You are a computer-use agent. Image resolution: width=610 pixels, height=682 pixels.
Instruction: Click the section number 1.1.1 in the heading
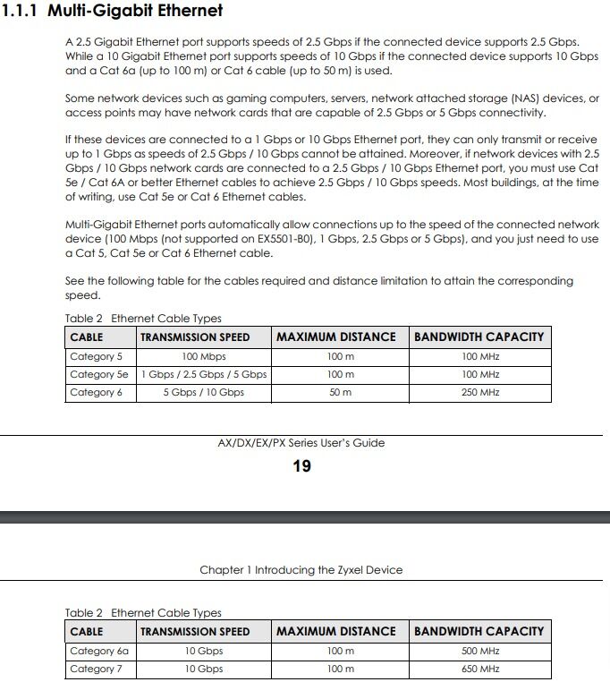[x=21, y=12]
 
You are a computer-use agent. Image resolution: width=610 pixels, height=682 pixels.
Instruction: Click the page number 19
[x=302, y=465]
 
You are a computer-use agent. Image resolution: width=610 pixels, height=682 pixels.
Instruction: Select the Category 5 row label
[x=96, y=356]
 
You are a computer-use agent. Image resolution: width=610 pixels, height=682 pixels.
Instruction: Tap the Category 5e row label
[x=98, y=374]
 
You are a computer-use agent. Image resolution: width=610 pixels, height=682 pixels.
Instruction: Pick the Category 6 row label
[x=96, y=392]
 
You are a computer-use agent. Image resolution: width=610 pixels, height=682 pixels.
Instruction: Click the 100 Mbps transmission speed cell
[x=203, y=356]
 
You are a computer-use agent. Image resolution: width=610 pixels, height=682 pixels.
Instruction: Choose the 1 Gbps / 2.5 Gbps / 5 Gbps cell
[x=203, y=374]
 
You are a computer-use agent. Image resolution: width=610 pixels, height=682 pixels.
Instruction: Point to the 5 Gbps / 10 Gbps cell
[x=203, y=392]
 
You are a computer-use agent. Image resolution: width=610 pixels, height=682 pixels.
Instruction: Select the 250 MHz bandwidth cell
[x=480, y=392]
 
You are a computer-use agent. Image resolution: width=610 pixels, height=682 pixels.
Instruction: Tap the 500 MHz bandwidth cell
[x=480, y=651]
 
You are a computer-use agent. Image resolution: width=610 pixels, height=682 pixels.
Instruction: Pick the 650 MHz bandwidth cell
[x=480, y=669]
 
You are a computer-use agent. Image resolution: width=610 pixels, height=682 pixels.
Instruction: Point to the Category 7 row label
[x=96, y=669]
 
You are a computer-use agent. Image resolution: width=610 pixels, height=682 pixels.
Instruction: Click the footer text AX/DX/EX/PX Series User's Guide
[x=301, y=442]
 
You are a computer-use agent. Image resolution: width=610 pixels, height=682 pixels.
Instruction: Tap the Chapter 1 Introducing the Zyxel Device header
[x=301, y=569]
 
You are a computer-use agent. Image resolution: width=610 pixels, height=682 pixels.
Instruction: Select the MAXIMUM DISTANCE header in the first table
[x=335, y=337]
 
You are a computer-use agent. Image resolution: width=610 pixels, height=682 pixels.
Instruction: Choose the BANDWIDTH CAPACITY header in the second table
[x=479, y=631]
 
